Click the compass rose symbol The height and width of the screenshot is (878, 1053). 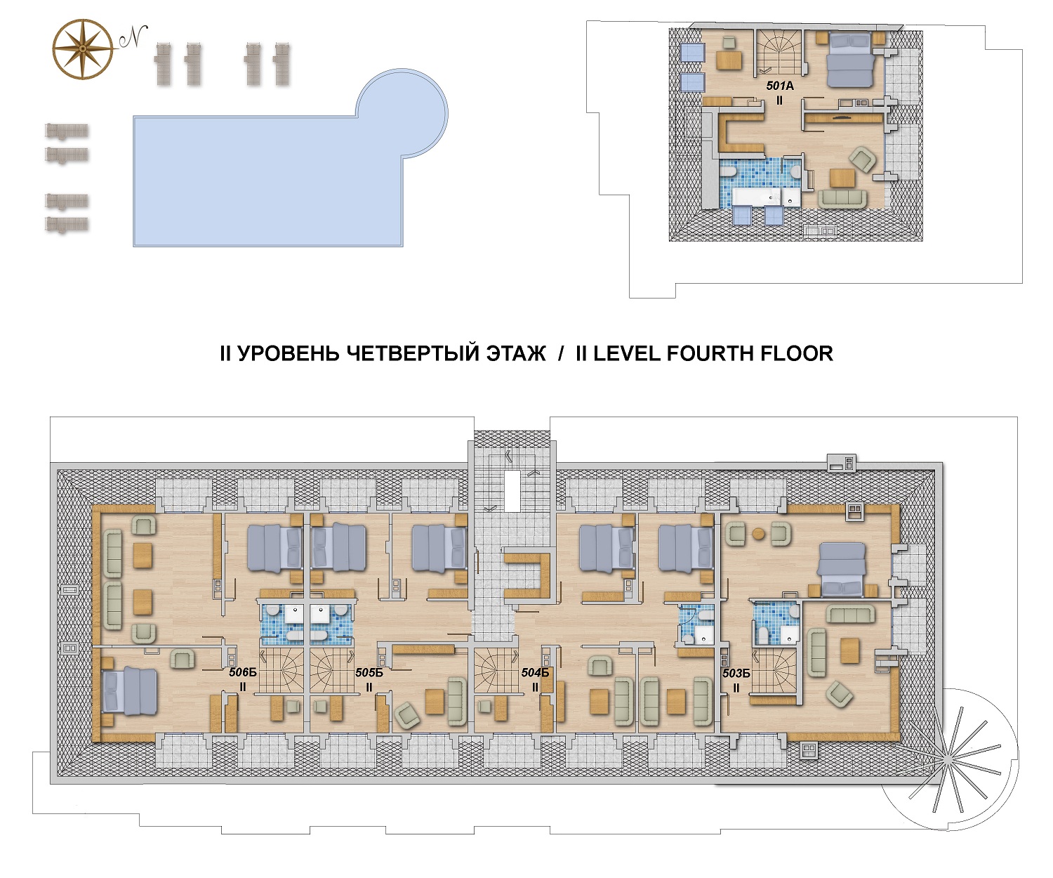pyautogui.click(x=83, y=49)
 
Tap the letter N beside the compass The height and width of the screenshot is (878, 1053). pyautogui.click(x=133, y=37)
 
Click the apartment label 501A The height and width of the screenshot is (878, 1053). pyautogui.click(x=780, y=86)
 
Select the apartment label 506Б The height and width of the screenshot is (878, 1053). pyautogui.click(x=243, y=672)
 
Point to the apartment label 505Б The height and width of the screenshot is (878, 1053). pyautogui.click(x=369, y=673)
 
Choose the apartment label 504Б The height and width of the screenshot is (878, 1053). pyautogui.click(x=535, y=673)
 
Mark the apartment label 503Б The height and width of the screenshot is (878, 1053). pyautogui.click(x=736, y=673)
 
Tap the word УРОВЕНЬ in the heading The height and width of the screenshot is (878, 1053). pyautogui.click(x=289, y=354)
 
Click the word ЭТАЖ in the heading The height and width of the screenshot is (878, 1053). pyautogui.click(x=516, y=354)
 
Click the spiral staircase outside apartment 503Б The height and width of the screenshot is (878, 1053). pyautogui.click(x=950, y=759)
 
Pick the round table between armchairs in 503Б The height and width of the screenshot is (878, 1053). pyautogui.click(x=759, y=534)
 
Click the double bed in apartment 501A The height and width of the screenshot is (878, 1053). pyautogui.click(x=850, y=60)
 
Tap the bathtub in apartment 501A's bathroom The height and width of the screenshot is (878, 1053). pyautogui.click(x=757, y=198)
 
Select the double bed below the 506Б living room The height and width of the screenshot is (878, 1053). pyautogui.click(x=130, y=690)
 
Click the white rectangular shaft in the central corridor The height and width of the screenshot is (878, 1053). pyautogui.click(x=512, y=492)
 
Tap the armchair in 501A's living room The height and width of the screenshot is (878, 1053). pyautogui.click(x=862, y=160)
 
